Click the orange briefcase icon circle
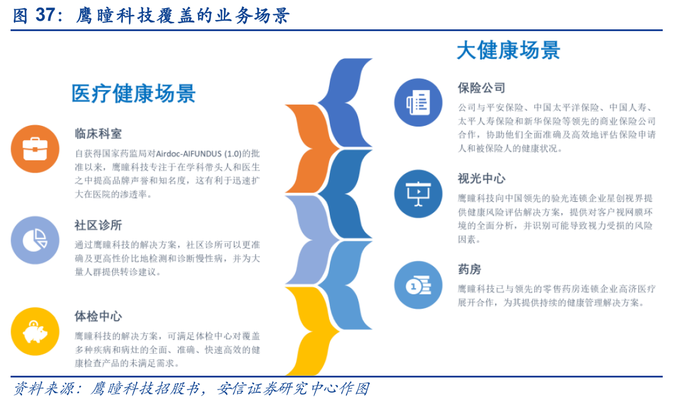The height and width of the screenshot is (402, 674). click(x=35, y=149)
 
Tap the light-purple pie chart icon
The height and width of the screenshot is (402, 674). click(x=35, y=240)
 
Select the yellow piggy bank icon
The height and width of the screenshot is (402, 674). click(x=35, y=331)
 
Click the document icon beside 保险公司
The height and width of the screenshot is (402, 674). click(x=418, y=103)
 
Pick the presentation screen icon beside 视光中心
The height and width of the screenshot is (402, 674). click(x=418, y=193)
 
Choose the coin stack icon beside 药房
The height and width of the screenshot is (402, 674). click(x=418, y=285)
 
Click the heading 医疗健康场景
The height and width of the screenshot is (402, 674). click(x=134, y=93)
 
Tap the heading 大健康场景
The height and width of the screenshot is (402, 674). click(x=508, y=50)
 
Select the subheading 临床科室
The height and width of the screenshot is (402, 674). click(x=98, y=133)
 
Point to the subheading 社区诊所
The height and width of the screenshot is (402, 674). click(x=98, y=225)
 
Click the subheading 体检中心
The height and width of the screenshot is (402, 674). click(x=98, y=316)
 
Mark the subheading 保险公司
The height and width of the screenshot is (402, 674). click(x=482, y=88)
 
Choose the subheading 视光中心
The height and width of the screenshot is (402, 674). click(x=482, y=178)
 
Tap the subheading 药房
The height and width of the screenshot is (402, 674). click(x=470, y=269)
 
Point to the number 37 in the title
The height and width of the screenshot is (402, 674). click(x=45, y=15)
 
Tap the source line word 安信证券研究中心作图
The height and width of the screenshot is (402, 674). click(x=293, y=389)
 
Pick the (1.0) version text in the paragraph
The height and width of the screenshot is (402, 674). click(x=233, y=153)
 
